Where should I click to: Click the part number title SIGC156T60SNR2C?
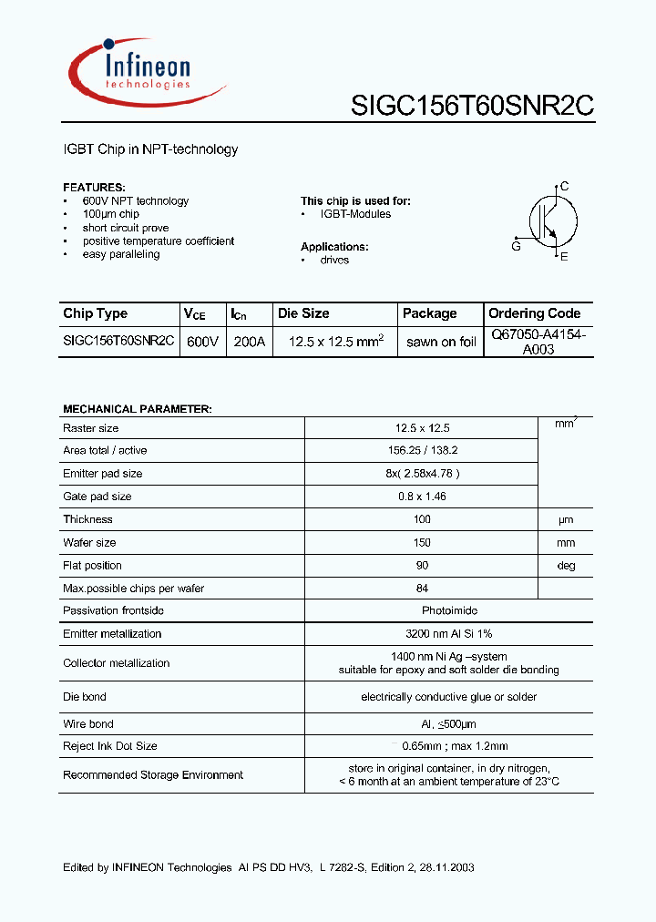(x=472, y=106)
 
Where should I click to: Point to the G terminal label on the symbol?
(x=516, y=246)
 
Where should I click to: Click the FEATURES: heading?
(x=94, y=187)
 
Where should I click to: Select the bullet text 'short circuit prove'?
(x=125, y=228)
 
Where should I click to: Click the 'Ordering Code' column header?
(x=534, y=313)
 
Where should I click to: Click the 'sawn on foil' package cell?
(x=441, y=342)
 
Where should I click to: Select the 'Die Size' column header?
(x=303, y=313)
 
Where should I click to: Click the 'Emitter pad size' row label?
(x=102, y=474)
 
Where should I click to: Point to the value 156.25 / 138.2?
(x=421, y=451)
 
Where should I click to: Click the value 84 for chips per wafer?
(x=421, y=589)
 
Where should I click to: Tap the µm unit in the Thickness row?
(x=566, y=519)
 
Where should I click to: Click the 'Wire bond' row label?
(x=88, y=724)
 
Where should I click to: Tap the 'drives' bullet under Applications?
(x=334, y=260)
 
